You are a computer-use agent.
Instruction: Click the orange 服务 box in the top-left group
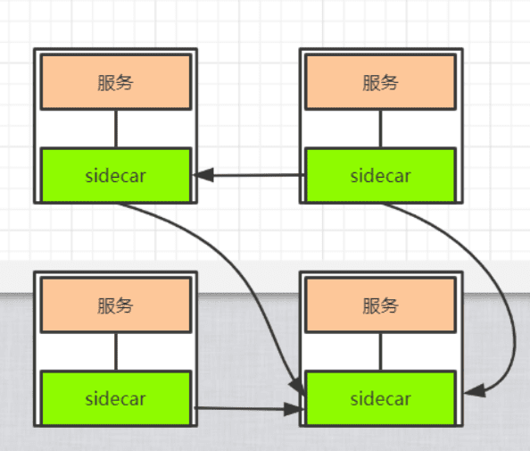(116, 82)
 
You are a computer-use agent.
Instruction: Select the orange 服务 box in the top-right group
(381, 82)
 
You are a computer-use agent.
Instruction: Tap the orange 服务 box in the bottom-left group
(116, 305)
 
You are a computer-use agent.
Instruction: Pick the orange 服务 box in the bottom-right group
(381, 305)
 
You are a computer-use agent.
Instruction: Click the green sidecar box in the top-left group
(116, 175)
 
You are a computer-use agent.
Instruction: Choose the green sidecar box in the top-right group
(381, 175)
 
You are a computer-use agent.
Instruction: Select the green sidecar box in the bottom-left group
(116, 398)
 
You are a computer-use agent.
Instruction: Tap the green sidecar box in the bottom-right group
(381, 398)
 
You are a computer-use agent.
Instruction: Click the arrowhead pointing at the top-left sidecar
(203, 175)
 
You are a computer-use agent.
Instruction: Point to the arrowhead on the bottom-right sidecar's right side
(475, 391)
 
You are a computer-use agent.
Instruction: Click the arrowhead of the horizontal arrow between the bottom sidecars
(294, 409)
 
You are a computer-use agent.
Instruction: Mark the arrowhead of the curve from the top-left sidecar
(297, 385)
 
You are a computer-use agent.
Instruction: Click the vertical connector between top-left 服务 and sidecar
(116, 129)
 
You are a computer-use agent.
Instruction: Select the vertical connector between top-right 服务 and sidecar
(381, 129)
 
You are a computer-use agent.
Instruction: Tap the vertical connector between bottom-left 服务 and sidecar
(116, 352)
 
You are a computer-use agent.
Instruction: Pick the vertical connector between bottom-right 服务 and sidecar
(381, 352)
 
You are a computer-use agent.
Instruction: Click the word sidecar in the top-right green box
(381, 176)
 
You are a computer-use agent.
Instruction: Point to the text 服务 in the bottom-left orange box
(116, 305)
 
